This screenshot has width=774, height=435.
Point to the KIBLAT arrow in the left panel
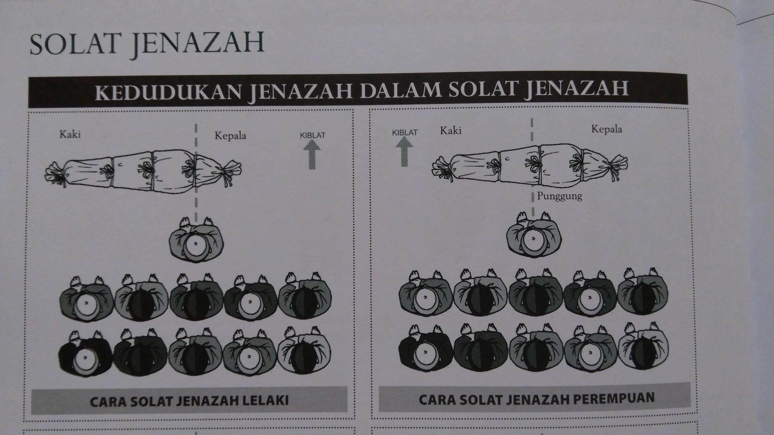point(312,154)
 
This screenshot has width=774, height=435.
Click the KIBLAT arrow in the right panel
point(404,151)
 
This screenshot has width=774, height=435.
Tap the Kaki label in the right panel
point(451,131)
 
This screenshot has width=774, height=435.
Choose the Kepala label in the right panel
point(607,129)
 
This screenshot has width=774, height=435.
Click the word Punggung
point(559,196)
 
